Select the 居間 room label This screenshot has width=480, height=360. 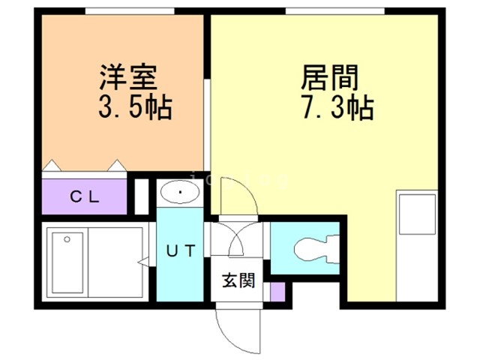coord(330,77)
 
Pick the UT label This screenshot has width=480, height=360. coord(180,251)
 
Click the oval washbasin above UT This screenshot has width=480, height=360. coord(180,193)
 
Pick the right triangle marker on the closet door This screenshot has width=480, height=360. coord(117,164)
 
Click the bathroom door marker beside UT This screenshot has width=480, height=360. coord(142,262)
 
